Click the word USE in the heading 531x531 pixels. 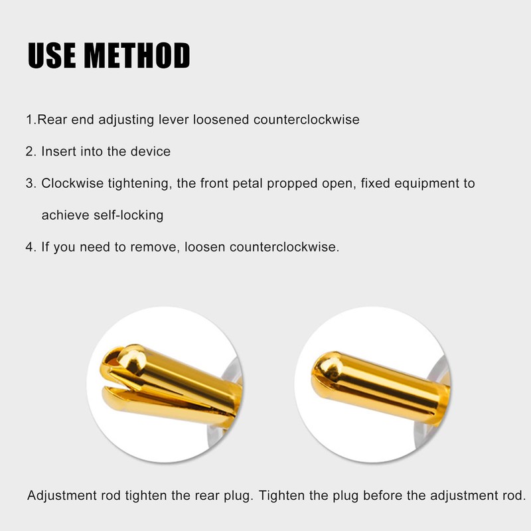(x=52, y=55)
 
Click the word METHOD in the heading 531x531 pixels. (x=137, y=55)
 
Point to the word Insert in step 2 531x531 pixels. (x=58, y=151)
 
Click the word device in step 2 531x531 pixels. (x=151, y=151)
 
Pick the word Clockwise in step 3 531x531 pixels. (x=72, y=183)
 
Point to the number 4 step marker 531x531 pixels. (x=29, y=247)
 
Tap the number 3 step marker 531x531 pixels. (x=29, y=183)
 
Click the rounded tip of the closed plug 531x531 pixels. (x=326, y=371)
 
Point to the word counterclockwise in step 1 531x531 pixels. (x=307, y=119)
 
